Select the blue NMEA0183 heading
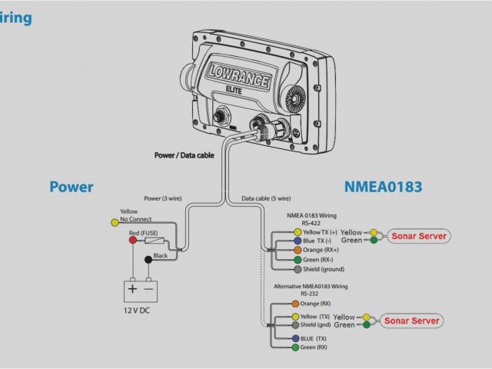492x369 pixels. point(384,187)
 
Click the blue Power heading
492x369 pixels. point(71,187)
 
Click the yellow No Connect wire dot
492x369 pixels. point(115,222)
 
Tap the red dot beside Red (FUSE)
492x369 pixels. point(132,241)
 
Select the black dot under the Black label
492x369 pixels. point(148,260)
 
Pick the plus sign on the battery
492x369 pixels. point(132,289)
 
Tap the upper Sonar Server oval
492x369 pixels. point(418,236)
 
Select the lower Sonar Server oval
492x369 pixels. point(411,321)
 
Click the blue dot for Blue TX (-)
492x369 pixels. point(297,241)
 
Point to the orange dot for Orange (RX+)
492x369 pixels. point(297,251)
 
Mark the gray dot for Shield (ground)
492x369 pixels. point(297,270)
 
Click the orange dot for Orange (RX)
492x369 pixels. point(296,304)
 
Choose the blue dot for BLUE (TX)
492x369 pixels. point(296,338)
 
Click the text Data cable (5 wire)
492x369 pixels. point(266,198)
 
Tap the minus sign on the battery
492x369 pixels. point(148,289)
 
